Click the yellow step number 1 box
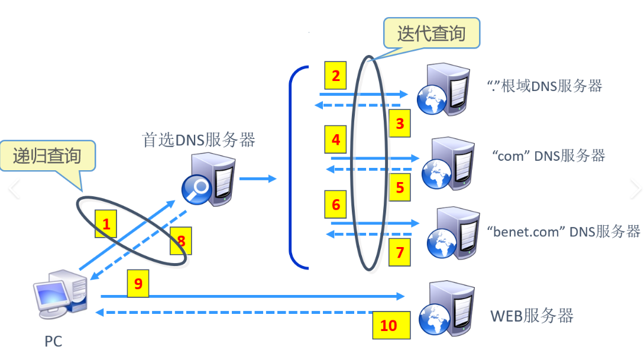(x=106, y=224)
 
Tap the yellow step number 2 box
(x=336, y=76)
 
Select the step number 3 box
(x=400, y=124)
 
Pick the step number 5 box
(x=400, y=187)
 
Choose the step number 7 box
(x=400, y=252)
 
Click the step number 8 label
(x=181, y=241)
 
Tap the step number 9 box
(x=138, y=284)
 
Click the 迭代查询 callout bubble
(x=431, y=33)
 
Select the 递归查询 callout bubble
(x=47, y=156)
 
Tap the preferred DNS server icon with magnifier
(x=208, y=180)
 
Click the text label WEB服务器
(x=532, y=316)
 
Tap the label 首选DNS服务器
(x=199, y=140)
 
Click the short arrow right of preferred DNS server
(x=258, y=178)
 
